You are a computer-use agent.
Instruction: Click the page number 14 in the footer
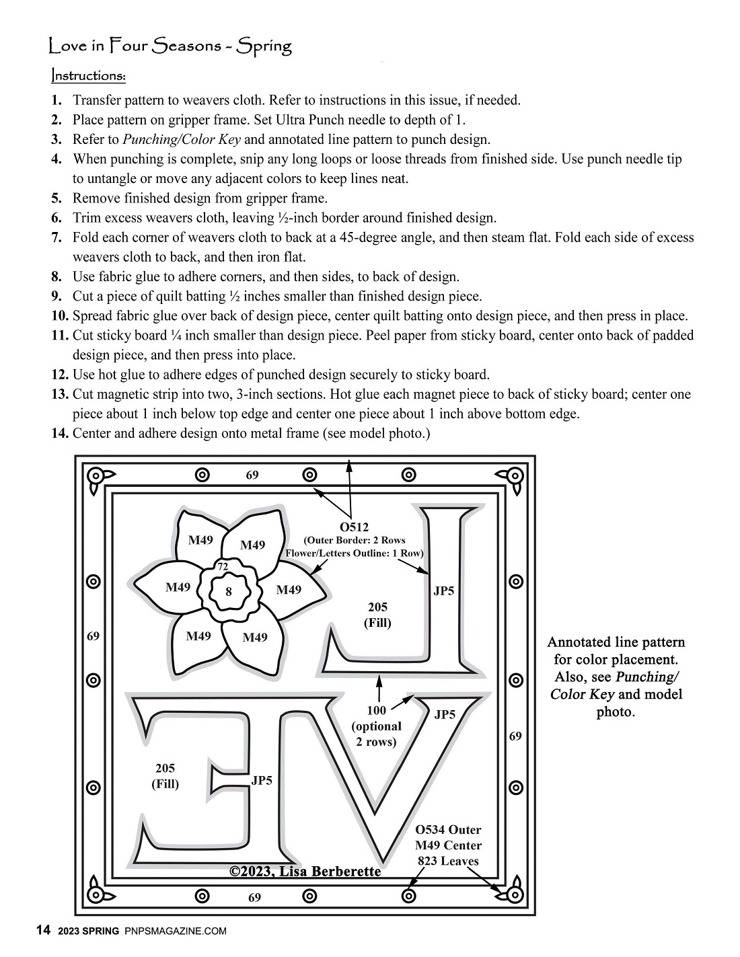[42, 931]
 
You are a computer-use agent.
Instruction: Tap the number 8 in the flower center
[229, 592]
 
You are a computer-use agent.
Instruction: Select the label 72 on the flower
[223, 568]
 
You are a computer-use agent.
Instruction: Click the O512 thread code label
[355, 527]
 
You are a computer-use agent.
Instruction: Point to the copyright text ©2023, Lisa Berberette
[305, 872]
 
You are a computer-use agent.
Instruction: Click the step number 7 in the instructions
[57, 237]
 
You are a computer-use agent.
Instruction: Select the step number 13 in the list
[60, 394]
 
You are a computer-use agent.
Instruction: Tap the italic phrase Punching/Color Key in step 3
[181, 140]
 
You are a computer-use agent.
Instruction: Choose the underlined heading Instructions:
[88, 75]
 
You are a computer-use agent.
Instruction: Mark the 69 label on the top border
[252, 475]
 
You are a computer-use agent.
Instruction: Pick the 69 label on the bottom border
[254, 897]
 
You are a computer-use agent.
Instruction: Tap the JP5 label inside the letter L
[443, 591]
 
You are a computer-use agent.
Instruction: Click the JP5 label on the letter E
[262, 781]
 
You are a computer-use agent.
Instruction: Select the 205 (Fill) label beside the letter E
[165, 775]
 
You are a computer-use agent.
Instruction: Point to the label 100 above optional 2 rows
[377, 710]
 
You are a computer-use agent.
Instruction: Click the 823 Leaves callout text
[448, 861]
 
